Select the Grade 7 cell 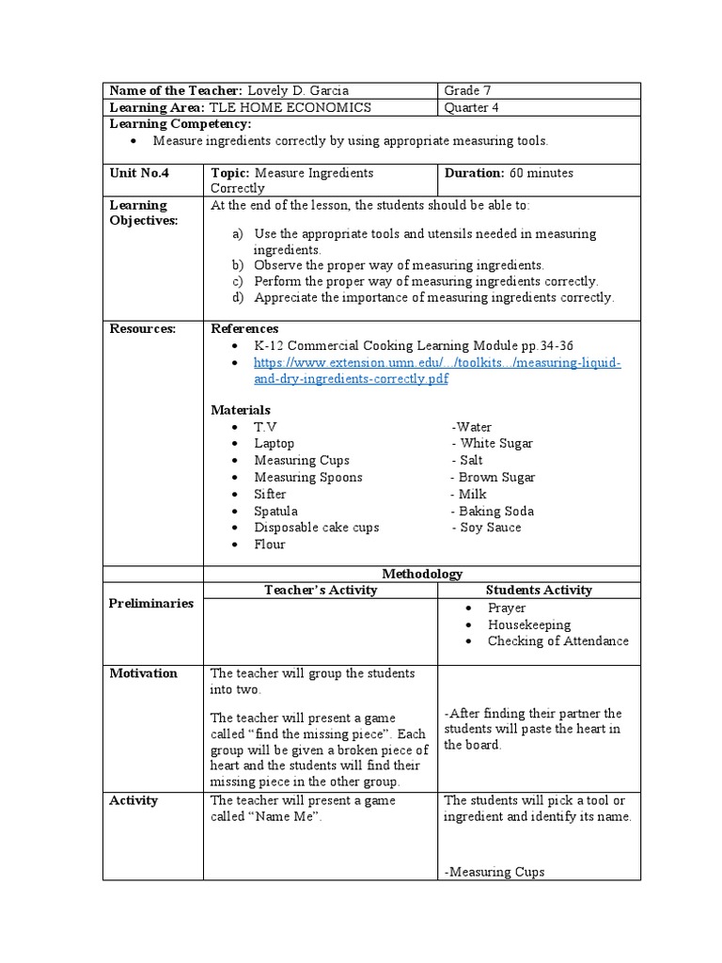click(x=467, y=91)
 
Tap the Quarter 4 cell click(x=472, y=107)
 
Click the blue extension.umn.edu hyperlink click(x=437, y=371)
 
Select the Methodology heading click(x=421, y=574)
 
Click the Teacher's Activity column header click(x=321, y=591)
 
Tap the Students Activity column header click(x=539, y=591)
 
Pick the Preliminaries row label click(x=151, y=604)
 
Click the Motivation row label click(x=143, y=673)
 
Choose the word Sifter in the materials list click(x=270, y=495)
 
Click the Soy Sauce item click(x=490, y=528)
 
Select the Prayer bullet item click(x=507, y=608)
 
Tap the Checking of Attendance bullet click(x=557, y=641)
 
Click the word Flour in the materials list click(x=269, y=545)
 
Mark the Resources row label click(x=143, y=328)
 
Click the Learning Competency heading click(x=180, y=124)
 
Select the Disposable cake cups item click(x=316, y=528)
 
